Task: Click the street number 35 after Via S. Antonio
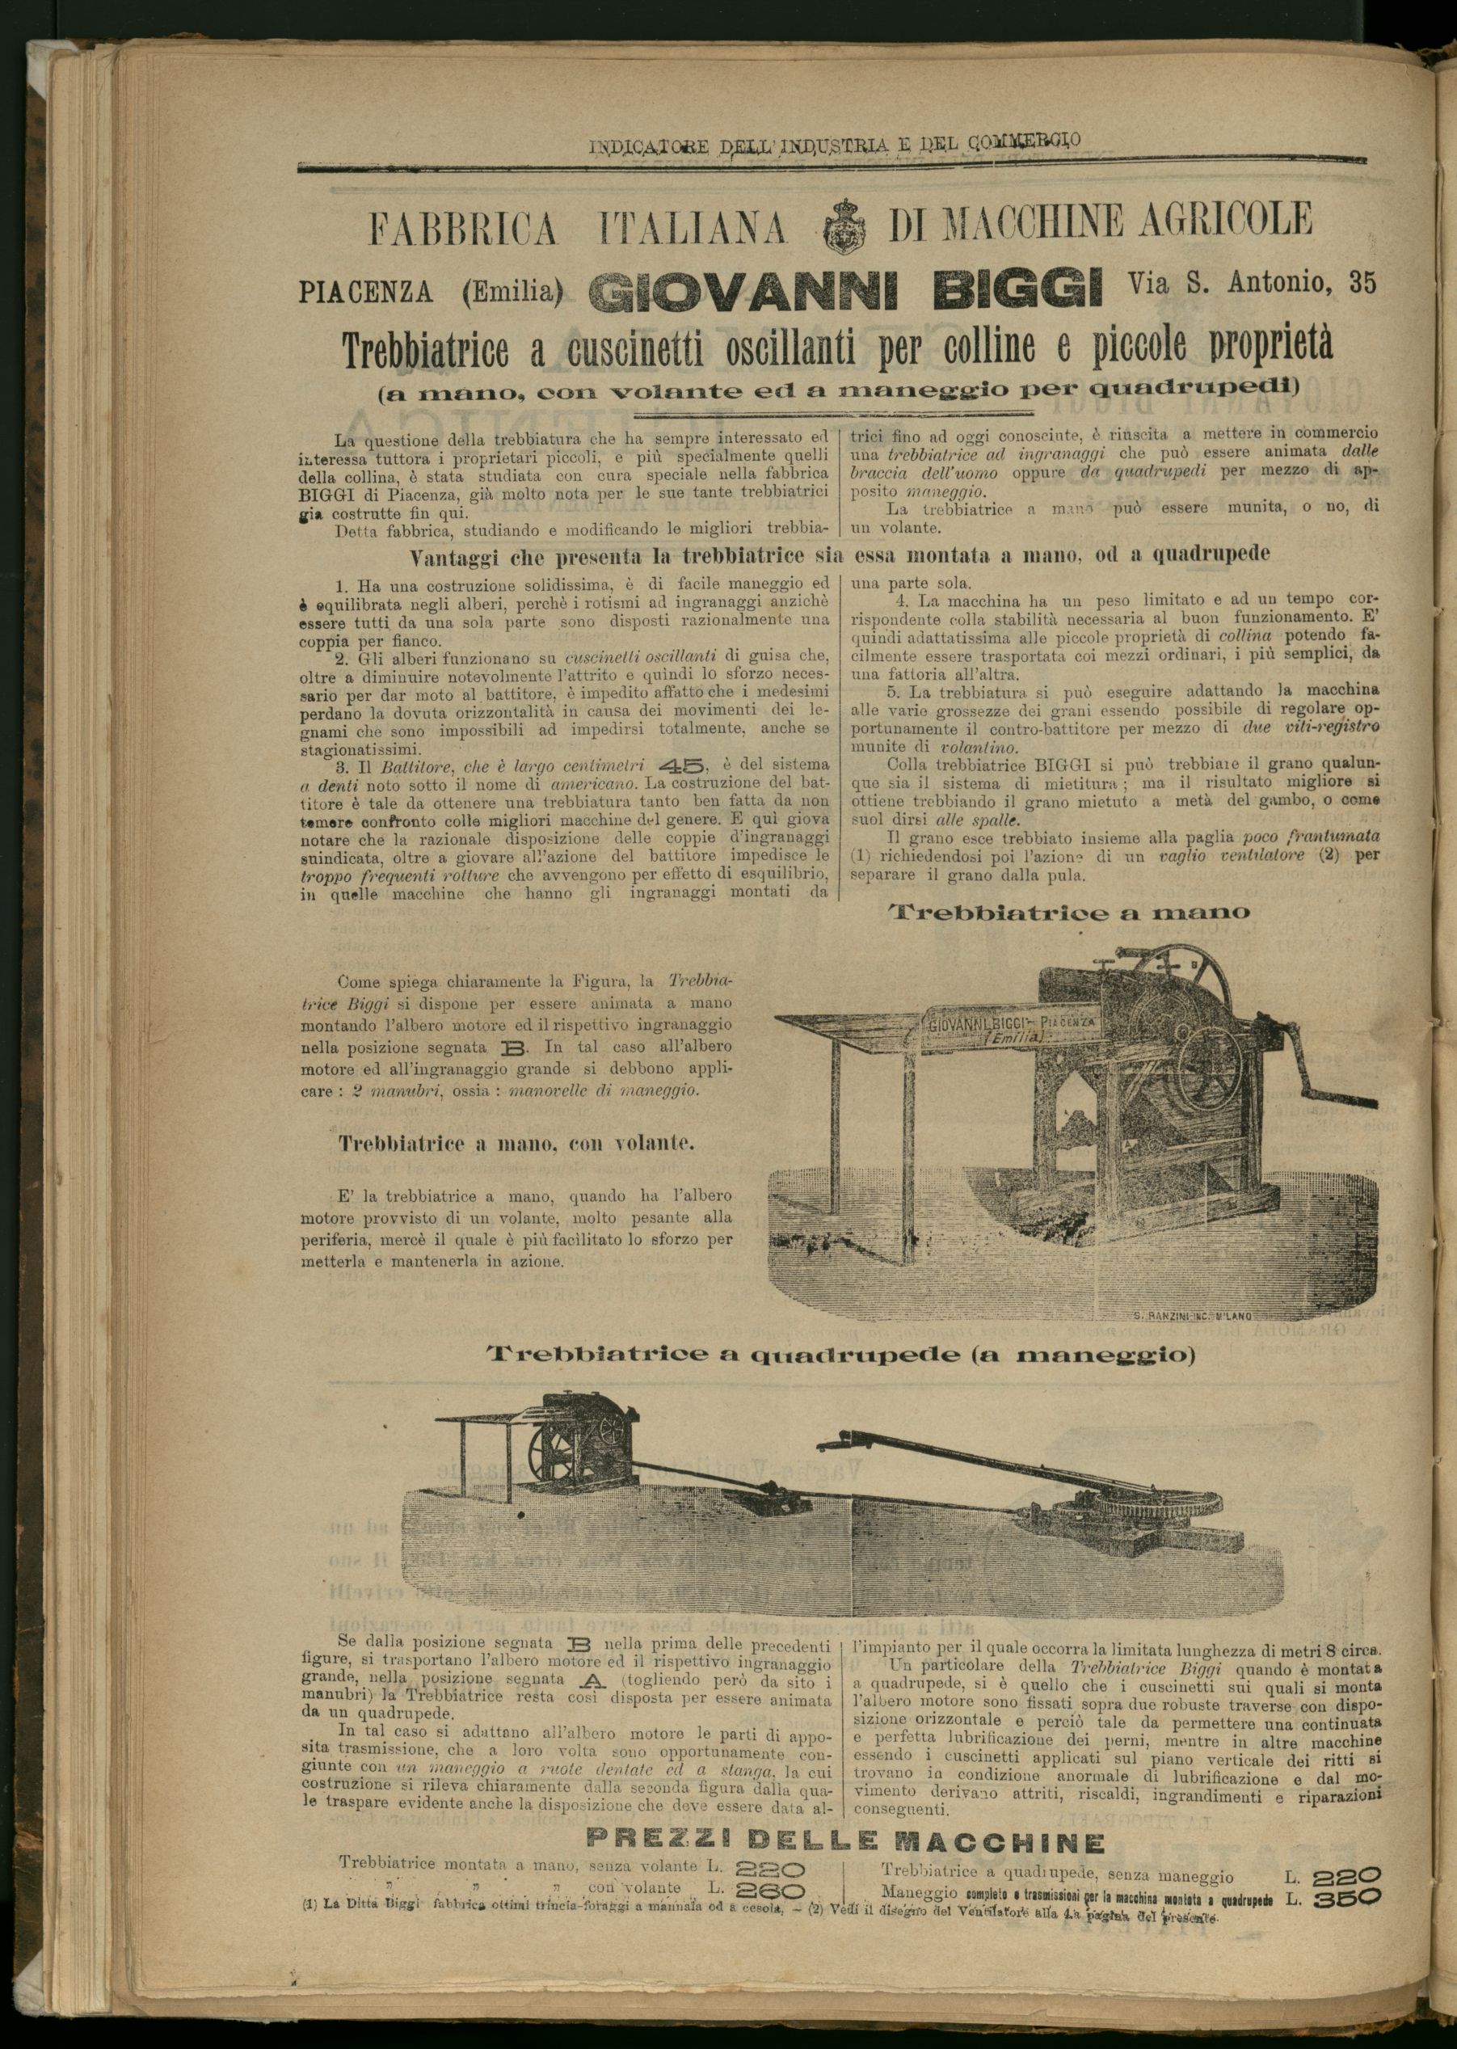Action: pos(1360,283)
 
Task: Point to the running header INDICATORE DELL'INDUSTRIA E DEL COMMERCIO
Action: pos(835,142)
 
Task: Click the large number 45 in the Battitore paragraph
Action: pos(683,766)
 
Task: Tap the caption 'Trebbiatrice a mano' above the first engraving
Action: pos(1068,913)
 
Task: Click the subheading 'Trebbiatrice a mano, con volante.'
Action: pos(516,1145)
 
